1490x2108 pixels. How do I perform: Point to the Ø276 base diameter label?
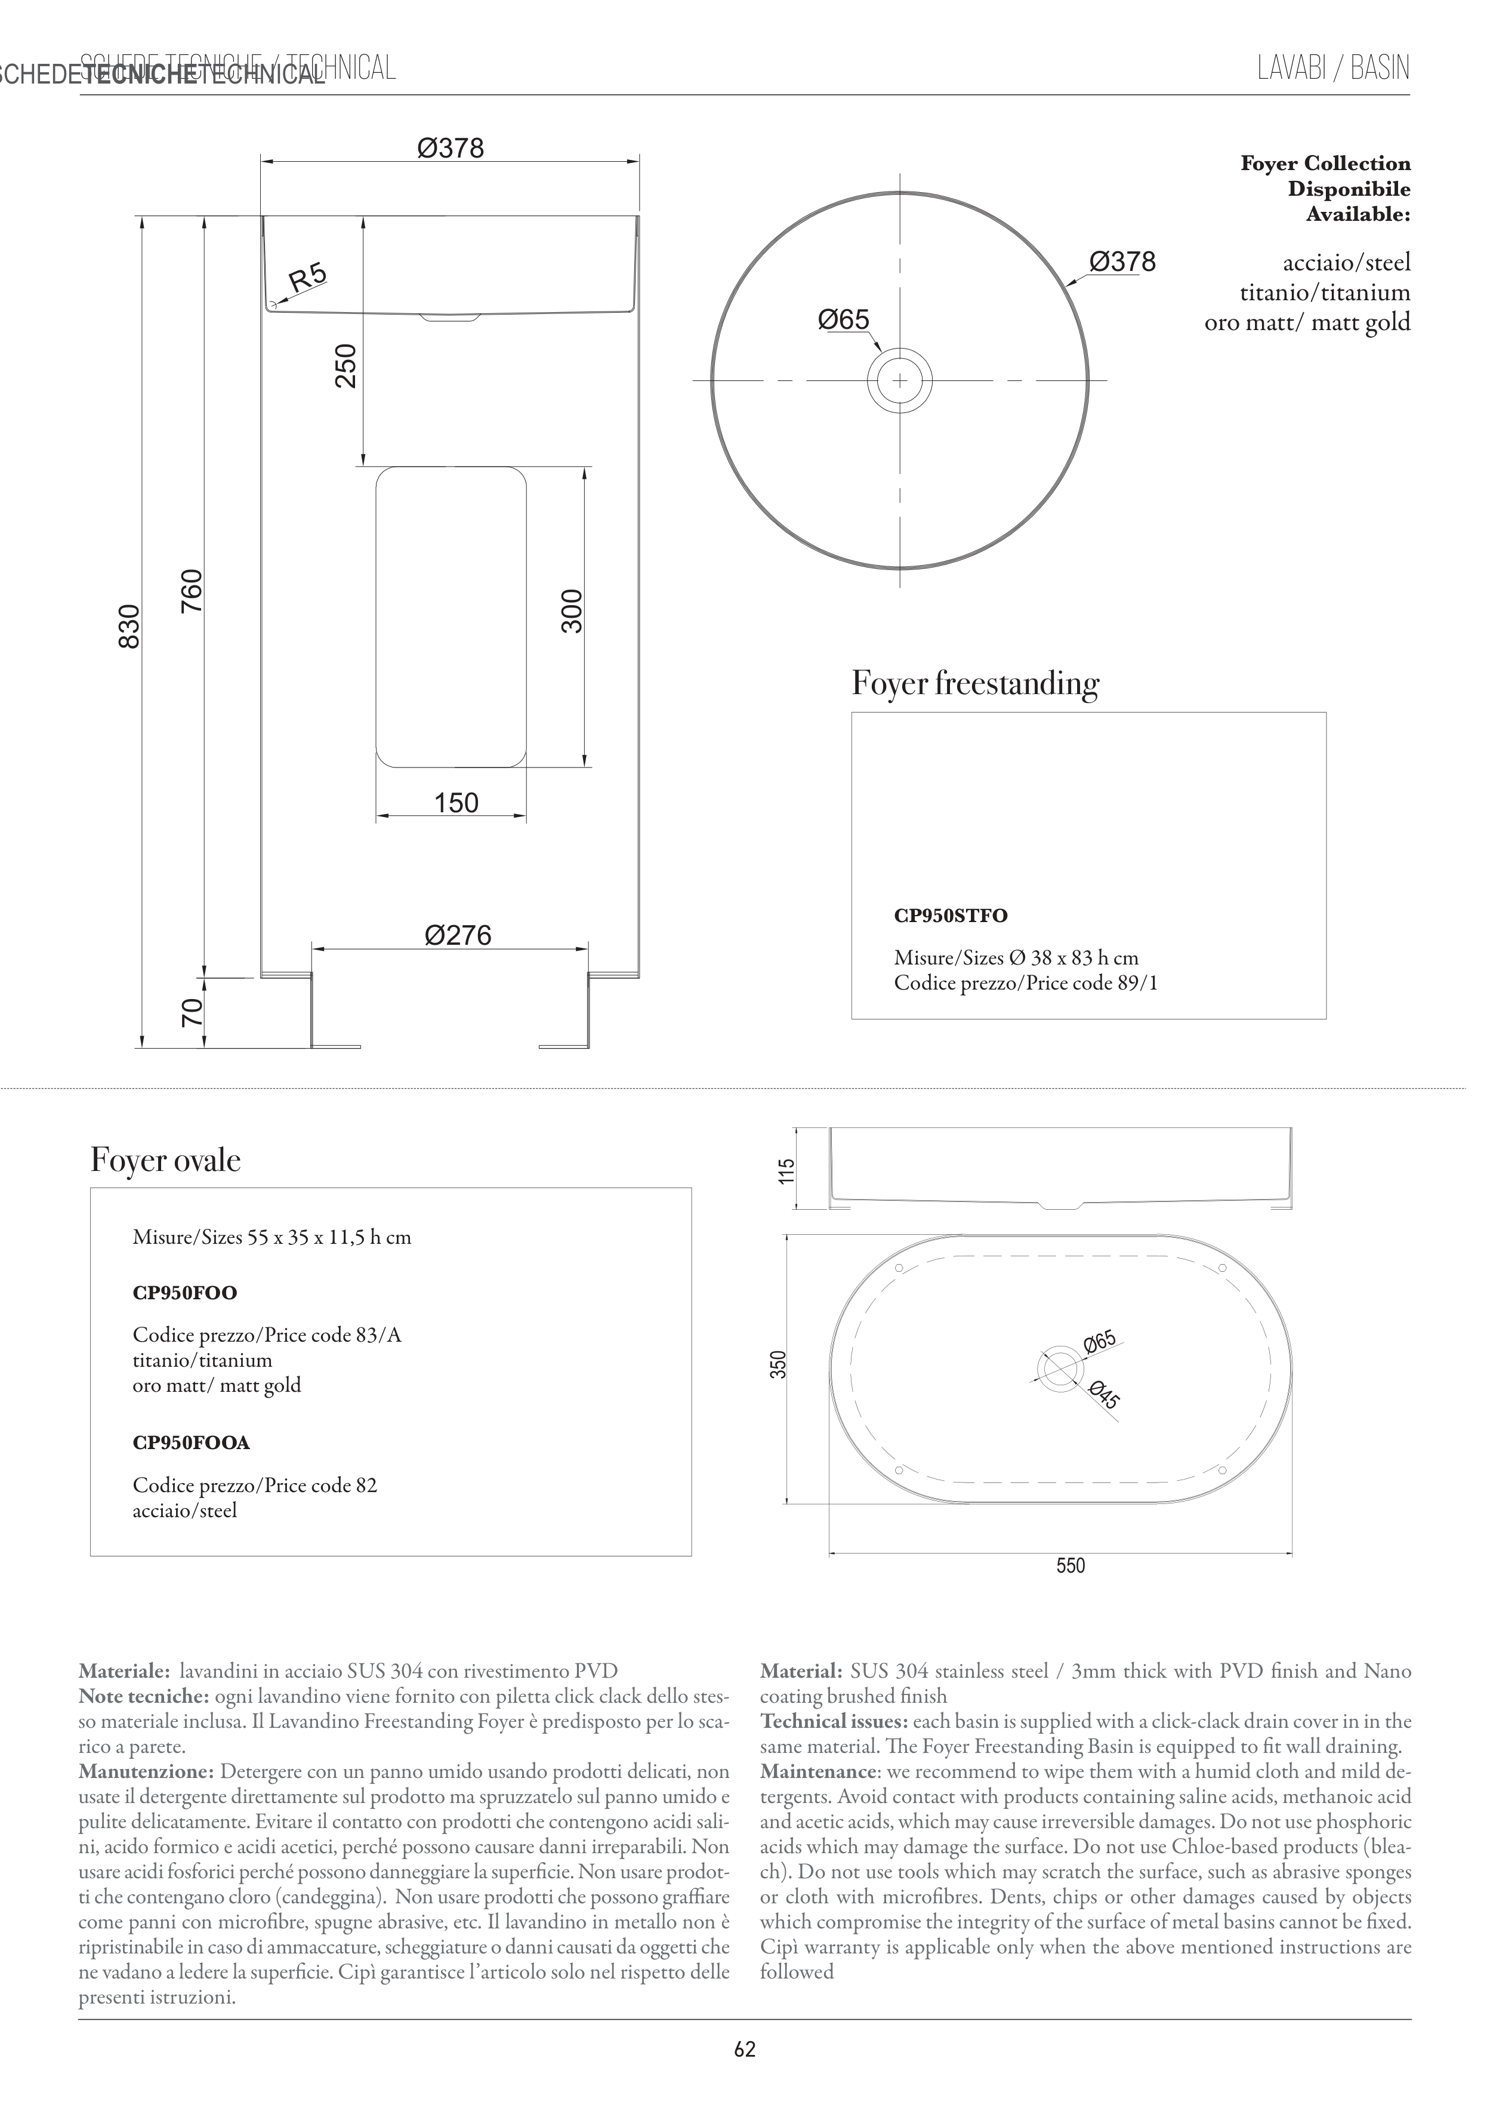tap(458, 936)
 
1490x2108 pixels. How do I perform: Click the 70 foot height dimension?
tap(191, 1013)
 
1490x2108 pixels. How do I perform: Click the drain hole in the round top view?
tap(900, 380)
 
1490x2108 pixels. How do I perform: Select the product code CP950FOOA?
tap(191, 1443)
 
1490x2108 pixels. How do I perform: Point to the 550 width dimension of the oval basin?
tap(1071, 1565)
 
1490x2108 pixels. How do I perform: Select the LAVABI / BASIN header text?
tap(1333, 69)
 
